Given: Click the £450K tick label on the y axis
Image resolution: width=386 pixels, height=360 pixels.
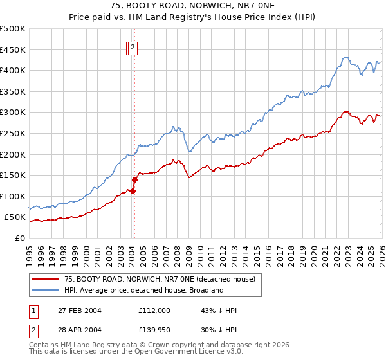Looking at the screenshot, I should coord(12,50).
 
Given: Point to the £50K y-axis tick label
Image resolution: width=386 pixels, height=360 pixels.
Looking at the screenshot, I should coord(15,217).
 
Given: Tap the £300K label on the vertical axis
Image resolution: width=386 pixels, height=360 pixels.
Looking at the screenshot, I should coord(12,113).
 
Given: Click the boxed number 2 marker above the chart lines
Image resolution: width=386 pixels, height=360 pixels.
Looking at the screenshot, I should coord(133,47).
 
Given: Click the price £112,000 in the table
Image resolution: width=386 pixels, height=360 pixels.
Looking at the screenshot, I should coord(154,310).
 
